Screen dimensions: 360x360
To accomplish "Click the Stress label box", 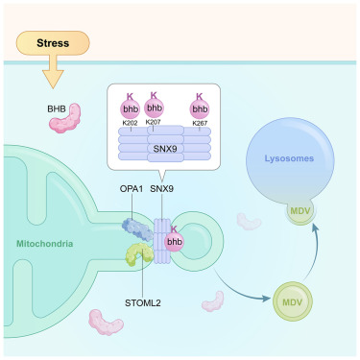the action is pos(53,43).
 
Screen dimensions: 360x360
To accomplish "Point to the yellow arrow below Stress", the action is pos(53,72).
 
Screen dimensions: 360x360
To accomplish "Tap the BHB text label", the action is pos(57,108).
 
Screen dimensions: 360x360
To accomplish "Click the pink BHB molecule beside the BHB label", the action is pos(65,118).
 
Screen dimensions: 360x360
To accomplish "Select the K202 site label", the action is pos(130,123).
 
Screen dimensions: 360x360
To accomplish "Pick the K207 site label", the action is pos(153,122).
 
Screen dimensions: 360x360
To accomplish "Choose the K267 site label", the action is pos(200,123).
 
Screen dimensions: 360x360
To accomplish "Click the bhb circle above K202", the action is pos(130,109).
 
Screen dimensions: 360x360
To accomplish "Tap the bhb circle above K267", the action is pos(200,109).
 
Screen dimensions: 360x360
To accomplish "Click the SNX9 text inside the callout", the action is pos(165,149).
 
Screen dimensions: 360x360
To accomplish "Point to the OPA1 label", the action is pos(132,189).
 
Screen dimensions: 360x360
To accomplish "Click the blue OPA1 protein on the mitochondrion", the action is pos(137,229).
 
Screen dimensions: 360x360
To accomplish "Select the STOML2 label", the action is pos(143,302).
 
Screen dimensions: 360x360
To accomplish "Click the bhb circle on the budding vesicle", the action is pos(175,242).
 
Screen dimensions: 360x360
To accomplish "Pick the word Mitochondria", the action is pos(45,244).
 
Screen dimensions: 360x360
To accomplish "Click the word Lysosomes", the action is pos(289,158).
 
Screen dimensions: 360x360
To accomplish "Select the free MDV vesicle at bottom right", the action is pos(293,301).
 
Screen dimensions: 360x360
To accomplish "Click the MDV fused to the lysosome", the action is pos(300,212).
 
